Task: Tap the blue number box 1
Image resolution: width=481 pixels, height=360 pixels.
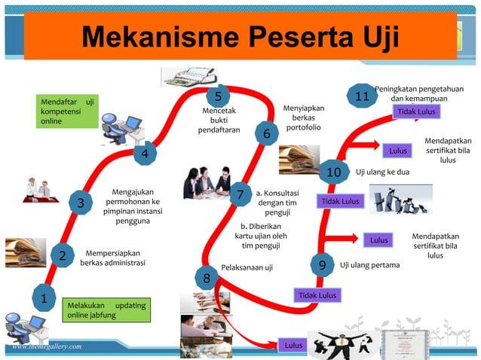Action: point(44,298)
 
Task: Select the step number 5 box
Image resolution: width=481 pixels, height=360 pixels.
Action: point(218,96)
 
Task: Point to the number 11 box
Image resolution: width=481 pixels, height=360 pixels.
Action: point(362,96)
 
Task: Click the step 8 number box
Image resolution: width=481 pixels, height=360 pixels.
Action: point(207,279)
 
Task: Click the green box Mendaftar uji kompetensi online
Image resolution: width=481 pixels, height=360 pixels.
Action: point(68,111)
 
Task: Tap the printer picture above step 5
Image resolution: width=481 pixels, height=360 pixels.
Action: point(185,75)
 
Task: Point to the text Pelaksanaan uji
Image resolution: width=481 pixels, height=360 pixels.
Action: point(247,267)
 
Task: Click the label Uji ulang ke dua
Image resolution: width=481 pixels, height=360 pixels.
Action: point(382,172)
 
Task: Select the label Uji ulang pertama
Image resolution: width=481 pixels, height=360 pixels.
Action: point(369,265)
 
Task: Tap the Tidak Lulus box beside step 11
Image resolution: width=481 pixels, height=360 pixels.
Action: point(415,112)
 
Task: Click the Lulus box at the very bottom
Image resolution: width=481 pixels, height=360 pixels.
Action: point(293,346)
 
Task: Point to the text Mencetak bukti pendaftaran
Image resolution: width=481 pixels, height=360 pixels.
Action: point(219,120)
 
